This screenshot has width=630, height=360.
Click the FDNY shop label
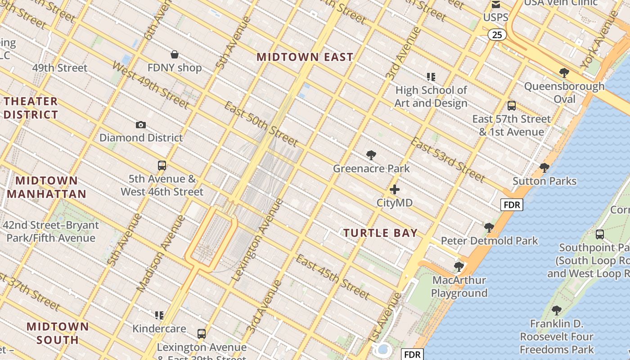(x=175, y=68)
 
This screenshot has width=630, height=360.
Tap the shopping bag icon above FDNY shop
(x=175, y=55)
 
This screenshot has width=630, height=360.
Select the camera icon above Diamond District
(x=141, y=125)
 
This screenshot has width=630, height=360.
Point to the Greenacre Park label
(x=371, y=168)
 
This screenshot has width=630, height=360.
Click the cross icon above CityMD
(x=395, y=189)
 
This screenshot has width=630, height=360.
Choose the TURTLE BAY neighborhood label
(x=381, y=233)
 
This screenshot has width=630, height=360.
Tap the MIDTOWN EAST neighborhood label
(x=305, y=57)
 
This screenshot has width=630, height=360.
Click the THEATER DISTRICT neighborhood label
(x=31, y=108)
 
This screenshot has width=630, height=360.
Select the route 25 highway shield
(x=497, y=35)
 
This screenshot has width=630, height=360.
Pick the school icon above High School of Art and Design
(x=431, y=77)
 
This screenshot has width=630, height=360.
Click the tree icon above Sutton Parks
(x=544, y=168)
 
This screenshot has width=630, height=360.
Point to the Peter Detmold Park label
(x=489, y=241)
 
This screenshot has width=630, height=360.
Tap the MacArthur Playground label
(x=459, y=287)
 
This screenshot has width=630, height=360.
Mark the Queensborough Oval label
(x=564, y=92)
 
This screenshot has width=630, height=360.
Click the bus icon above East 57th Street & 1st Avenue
(x=512, y=106)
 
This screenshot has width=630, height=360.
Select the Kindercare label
(x=159, y=328)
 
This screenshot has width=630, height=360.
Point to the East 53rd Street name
(x=447, y=160)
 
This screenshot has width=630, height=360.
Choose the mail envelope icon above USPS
(x=496, y=5)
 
